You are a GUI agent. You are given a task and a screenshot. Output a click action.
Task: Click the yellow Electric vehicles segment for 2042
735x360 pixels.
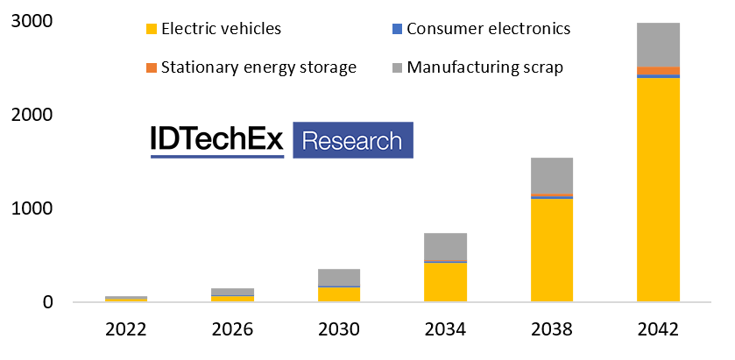(658, 189)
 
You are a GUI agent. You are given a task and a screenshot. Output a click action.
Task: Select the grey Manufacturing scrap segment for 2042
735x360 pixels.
(658, 45)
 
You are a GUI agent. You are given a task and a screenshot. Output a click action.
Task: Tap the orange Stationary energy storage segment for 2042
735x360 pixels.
(658, 70)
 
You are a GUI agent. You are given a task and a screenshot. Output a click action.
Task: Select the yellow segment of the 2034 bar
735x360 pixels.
(445, 282)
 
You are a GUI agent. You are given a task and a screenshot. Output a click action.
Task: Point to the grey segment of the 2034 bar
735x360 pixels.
(445, 247)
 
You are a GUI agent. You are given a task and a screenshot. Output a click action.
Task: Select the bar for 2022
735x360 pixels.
(126, 299)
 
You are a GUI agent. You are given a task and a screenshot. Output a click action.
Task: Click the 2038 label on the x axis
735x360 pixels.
(551, 330)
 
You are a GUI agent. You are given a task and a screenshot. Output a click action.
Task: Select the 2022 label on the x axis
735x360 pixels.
(126, 330)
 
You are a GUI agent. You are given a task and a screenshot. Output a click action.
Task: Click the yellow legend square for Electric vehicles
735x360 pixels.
(152, 29)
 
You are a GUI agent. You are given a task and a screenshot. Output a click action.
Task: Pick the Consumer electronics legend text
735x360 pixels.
(501, 29)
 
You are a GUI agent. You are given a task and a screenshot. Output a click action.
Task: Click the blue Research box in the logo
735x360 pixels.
(352, 140)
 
